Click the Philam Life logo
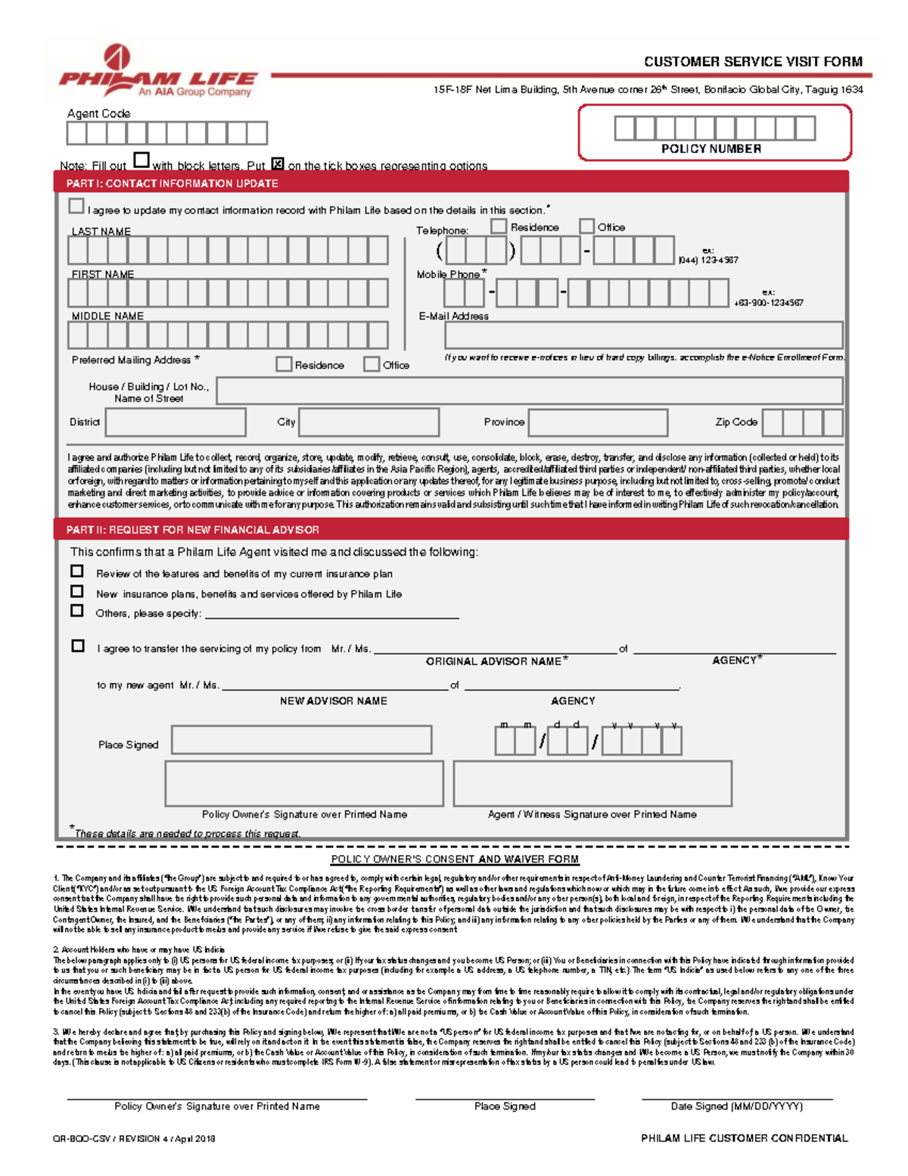coord(157,72)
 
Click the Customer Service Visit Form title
coord(752,62)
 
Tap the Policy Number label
coord(711,149)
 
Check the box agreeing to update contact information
coord(76,206)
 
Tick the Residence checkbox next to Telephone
coord(498,226)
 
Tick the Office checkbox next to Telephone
coord(586,226)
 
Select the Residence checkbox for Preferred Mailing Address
coord(284,364)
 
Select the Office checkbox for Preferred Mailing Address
coord(372,364)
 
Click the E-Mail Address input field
coord(643,335)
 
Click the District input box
coord(176,423)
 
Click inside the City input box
coord(368,423)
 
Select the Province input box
coord(598,423)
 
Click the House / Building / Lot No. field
coord(529,391)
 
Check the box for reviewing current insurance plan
coord(77,571)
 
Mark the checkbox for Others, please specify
coord(77,610)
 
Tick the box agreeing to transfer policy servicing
coord(78,646)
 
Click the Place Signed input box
coord(302,740)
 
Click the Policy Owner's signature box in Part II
coord(304,784)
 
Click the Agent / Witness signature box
coord(592,784)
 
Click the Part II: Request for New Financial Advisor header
coord(192,529)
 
